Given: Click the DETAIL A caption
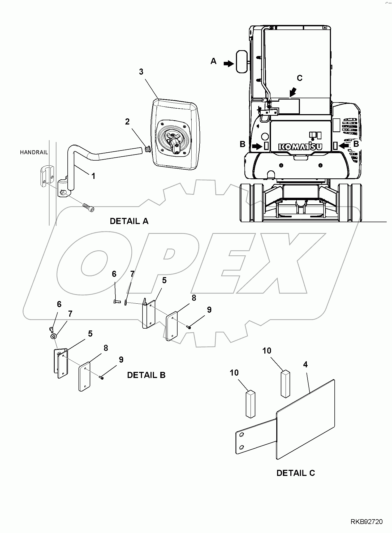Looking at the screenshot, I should (x=129, y=221).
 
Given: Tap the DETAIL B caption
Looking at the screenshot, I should (x=146, y=375).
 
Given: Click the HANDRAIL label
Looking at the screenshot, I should (x=34, y=152).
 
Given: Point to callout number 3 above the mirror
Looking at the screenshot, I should (x=141, y=72).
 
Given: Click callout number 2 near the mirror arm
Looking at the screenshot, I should (x=127, y=122).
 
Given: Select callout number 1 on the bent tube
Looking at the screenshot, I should (x=93, y=176).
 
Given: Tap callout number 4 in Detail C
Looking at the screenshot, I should (x=305, y=365).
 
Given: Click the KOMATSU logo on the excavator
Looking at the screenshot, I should (x=300, y=147).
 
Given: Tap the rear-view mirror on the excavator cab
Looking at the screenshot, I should (x=242, y=61).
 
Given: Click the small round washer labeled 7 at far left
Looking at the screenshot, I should (x=54, y=337).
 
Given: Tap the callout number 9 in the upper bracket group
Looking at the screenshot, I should (x=209, y=310).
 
